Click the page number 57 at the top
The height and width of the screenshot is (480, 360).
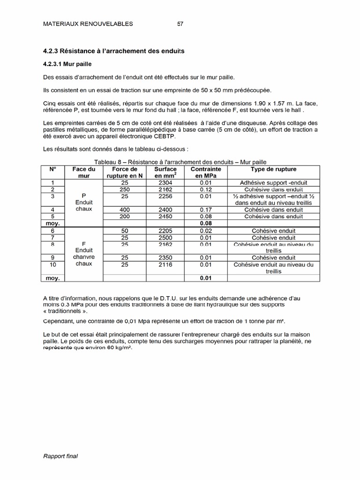pos(180,24)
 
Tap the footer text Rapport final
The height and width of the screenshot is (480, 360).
pos(60,456)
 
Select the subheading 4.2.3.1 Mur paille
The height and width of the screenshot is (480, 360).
pos(64,63)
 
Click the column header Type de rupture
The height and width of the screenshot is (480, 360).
pos(273,169)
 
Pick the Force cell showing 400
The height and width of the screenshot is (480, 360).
pos(125,210)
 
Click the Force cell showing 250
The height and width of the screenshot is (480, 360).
pos(125,189)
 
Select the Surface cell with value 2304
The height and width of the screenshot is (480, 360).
pos(165,182)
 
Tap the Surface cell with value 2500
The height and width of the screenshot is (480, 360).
pos(165,238)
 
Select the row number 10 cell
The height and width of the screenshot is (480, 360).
pos(52,265)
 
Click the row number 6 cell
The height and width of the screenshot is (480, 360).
pos(52,231)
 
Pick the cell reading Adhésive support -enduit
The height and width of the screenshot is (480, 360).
pos(273,182)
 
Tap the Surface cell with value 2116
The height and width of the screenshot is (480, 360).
pos(165,265)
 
